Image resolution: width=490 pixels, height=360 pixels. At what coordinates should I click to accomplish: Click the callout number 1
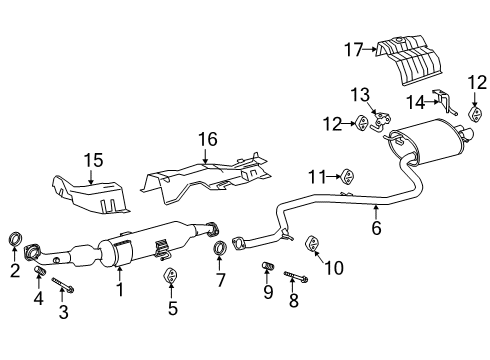point(120,292)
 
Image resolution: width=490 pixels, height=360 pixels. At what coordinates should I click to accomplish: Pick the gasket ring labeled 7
point(219,248)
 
